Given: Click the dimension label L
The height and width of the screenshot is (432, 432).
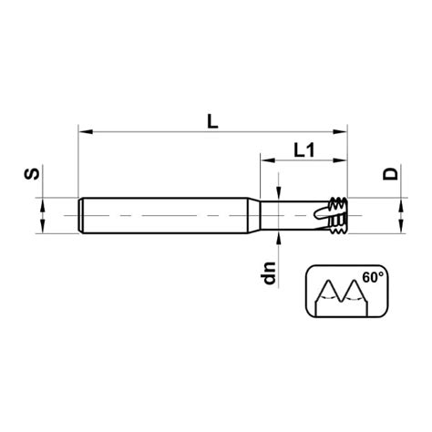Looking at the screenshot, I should click(x=211, y=118).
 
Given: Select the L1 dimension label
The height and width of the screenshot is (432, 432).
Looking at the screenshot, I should click(x=304, y=151).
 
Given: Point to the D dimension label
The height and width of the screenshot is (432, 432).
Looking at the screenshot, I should click(x=390, y=173).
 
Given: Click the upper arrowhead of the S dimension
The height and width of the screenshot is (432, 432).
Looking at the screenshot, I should click(x=43, y=204).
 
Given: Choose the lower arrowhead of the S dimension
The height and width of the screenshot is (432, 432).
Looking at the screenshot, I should click(x=43, y=229).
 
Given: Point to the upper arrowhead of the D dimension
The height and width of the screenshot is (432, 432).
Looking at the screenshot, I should click(x=399, y=204).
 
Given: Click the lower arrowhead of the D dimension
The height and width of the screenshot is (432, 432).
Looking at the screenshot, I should click(x=399, y=229).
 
